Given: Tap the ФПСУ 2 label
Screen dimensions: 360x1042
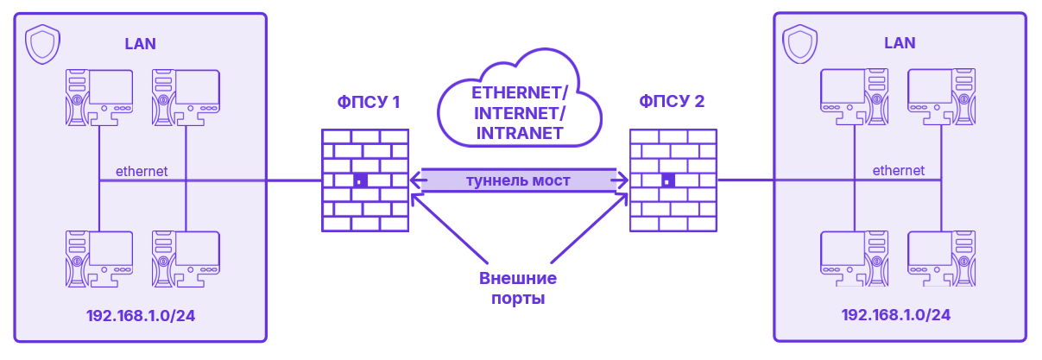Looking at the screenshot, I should pos(672,102).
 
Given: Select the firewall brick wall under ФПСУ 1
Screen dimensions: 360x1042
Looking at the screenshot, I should pos(364,180).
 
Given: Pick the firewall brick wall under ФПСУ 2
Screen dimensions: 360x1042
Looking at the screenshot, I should pos(673,180).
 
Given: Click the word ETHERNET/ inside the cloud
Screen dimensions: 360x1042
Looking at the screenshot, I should pos(520,93).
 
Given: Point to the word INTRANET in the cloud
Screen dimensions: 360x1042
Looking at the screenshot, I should pos(520,134).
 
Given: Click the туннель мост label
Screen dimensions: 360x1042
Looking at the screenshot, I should pos(518,180).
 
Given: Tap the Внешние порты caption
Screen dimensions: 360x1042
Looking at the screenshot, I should pos(518,289).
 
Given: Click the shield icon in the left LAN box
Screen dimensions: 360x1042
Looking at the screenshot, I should pos(41,45).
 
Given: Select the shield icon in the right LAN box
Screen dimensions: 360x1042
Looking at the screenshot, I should pos(799,44).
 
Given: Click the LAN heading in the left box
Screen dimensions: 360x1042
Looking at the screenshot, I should pos(141,44).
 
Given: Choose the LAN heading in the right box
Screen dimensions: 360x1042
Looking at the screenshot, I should pos(900,43).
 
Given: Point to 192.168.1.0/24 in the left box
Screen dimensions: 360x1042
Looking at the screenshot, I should pos(141,316).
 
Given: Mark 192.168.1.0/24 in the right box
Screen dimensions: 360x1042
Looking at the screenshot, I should pos(896,315).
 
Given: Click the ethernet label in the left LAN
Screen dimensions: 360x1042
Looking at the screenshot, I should pos(142,171).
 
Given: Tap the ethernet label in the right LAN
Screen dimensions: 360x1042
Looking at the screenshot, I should pos(898,171).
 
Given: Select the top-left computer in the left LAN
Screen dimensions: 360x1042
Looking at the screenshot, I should pos(99,97).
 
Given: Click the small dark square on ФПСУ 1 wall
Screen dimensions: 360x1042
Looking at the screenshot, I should pos(360,181).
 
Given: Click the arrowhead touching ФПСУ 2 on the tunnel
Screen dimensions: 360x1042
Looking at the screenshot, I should pos(621,180).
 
